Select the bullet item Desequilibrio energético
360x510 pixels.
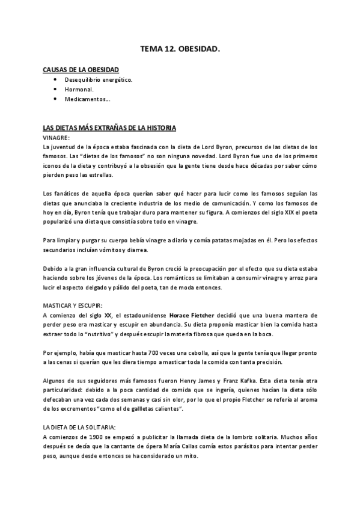(99, 79)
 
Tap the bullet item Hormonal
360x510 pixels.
(79, 89)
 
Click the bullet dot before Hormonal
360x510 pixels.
(55, 89)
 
